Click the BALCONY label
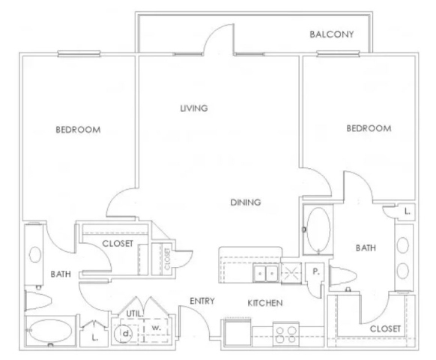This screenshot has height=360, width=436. tap(331, 34)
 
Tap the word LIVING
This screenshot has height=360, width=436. tap(194, 108)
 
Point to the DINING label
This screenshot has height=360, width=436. tap(246, 202)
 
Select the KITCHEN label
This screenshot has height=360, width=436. tap(264, 303)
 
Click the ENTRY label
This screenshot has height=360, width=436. tap(202, 301)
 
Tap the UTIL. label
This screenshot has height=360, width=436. tap(135, 313)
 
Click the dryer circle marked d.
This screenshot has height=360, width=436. tap(123, 334)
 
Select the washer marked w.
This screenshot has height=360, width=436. tap(156, 331)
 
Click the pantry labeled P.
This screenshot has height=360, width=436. tap(315, 271)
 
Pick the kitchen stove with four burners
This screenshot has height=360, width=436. tap(286, 334)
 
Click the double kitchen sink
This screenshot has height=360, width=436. tap(265, 274)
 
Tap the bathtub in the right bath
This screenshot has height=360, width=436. tap(318, 230)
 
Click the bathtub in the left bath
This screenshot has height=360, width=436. tap(50, 331)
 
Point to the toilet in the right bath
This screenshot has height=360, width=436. tap(342, 276)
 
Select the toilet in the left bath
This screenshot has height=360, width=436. tap(38, 301)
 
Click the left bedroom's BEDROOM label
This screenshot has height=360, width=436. tap(78, 130)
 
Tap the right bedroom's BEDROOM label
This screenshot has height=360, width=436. tap(369, 128)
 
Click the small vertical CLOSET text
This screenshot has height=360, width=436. tap(167, 259)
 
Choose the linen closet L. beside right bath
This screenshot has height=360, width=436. tap(407, 211)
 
